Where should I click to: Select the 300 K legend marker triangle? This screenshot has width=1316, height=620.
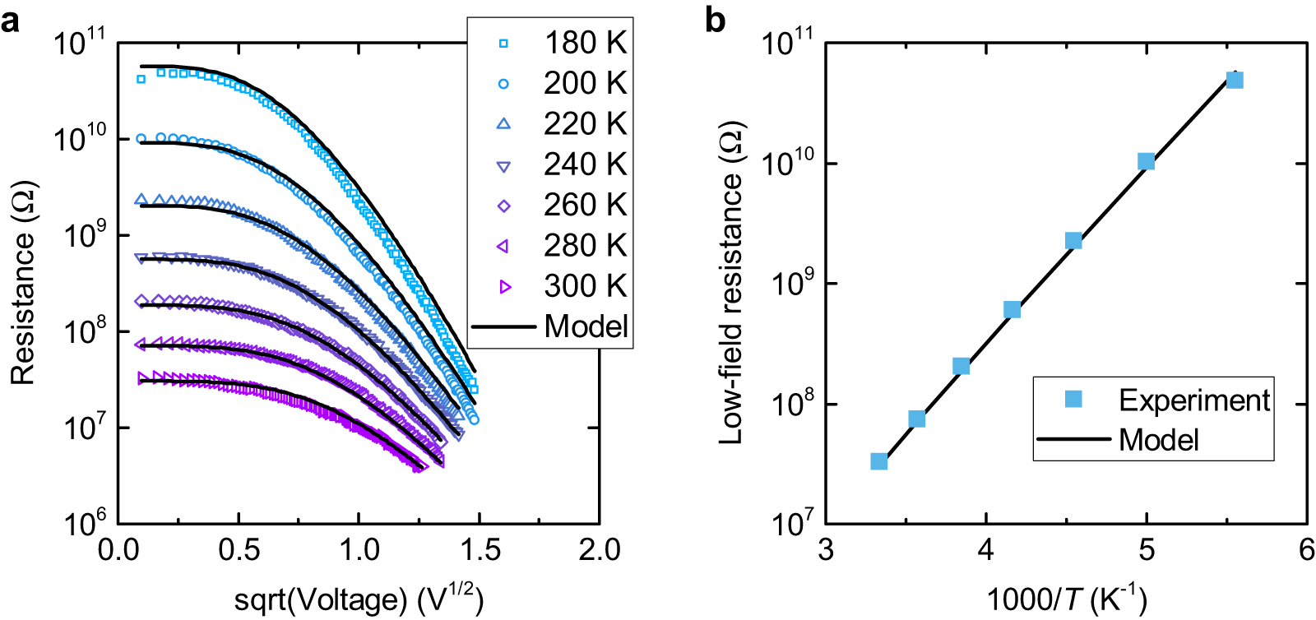click(x=505, y=287)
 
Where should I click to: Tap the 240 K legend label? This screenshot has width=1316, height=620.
click(x=585, y=164)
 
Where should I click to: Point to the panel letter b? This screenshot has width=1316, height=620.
click(x=715, y=20)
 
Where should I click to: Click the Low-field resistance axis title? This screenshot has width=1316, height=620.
click(x=730, y=284)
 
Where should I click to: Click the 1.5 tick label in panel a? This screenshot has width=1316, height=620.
click(x=479, y=550)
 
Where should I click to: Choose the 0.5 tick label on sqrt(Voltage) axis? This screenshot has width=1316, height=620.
click(x=239, y=550)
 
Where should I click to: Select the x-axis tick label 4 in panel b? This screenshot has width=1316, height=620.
click(x=985, y=549)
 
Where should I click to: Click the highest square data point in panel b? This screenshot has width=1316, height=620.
click(x=1234, y=80)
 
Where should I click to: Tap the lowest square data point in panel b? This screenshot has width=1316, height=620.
click(x=878, y=461)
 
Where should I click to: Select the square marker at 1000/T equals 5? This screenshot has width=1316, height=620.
click(x=1146, y=161)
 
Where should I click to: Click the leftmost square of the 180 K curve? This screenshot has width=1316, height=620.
click(x=141, y=79)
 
